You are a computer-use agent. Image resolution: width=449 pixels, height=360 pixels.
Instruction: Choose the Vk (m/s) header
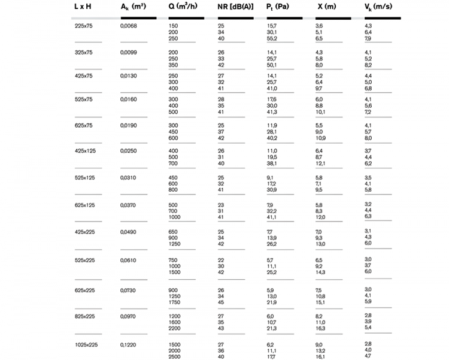coord(378,7)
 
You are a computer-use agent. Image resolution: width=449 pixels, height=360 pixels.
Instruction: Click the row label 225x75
coord(83,26)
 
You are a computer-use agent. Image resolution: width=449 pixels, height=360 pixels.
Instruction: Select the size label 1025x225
coord(86,344)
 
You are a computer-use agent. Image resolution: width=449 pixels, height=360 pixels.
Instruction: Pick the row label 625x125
coord(85,205)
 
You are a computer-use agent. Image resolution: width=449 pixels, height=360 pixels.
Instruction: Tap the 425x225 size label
coord(85,231)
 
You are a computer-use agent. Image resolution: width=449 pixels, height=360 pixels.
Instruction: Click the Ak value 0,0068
coord(129,26)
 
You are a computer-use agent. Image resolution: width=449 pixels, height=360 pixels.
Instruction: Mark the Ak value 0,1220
coord(129,344)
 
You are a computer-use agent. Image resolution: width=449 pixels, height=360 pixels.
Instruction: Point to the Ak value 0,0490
coord(129,231)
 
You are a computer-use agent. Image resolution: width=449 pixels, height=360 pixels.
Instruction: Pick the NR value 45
coord(221,301)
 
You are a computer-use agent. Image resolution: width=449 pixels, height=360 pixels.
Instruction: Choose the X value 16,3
coord(320,328)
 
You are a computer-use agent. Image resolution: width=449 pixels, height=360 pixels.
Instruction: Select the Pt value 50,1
coord(272,65)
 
